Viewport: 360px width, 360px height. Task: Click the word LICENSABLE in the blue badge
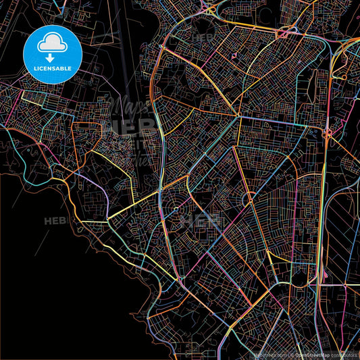[x=53, y=69]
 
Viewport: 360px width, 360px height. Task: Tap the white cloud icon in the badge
[x=53, y=44]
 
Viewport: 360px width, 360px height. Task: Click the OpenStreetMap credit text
[x=311, y=354]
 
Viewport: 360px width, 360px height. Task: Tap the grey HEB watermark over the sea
[x=57, y=220]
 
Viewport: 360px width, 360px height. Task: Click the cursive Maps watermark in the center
[x=125, y=109]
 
